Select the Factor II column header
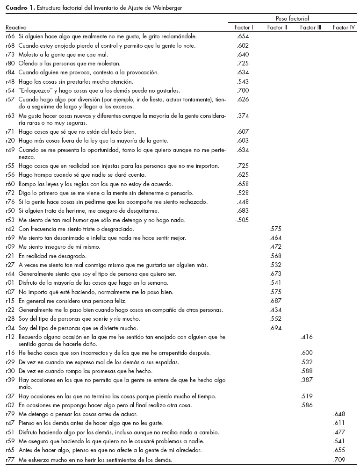point(277,28)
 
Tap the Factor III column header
point(310,28)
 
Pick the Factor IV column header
point(344,28)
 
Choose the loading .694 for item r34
point(276,328)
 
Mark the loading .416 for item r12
point(307,337)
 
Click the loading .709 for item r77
point(339,460)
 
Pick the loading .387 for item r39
point(307,379)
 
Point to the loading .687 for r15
point(276,301)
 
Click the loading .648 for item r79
point(339,415)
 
